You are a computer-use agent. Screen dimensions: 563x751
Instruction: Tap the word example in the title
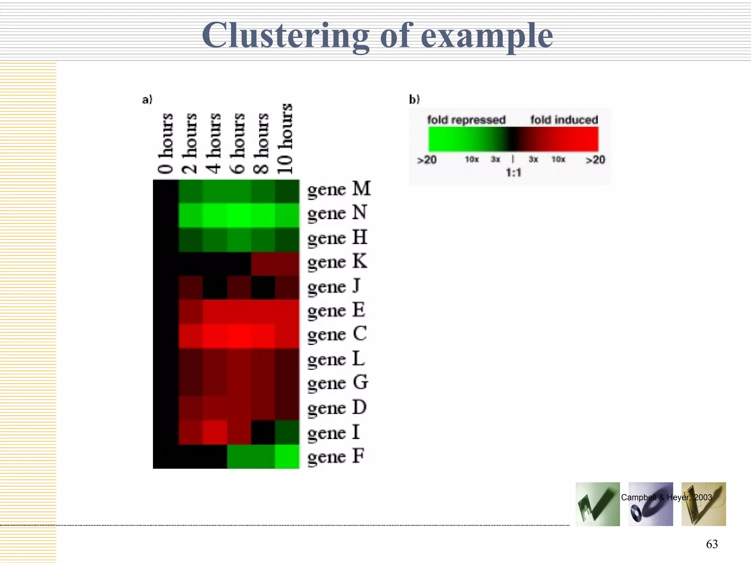coord(487,36)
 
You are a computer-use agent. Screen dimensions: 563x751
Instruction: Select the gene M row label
coord(339,189)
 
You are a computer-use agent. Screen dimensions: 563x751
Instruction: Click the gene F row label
coord(336,457)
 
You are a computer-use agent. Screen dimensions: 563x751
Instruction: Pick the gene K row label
coord(337,262)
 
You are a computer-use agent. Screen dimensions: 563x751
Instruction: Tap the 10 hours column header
coord(285,139)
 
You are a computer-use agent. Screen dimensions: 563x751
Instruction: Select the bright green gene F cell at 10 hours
coord(287,456)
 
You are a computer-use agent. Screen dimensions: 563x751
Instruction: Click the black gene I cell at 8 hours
coord(263,432)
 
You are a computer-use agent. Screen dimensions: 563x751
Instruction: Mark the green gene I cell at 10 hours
coord(287,432)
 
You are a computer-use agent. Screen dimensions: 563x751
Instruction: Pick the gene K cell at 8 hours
coord(263,264)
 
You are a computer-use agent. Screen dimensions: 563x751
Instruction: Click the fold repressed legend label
coord(466,120)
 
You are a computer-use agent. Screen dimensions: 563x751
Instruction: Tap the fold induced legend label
coord(564,120)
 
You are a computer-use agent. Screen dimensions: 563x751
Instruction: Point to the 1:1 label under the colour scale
coord(513,172)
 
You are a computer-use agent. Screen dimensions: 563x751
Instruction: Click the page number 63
coord(712,544)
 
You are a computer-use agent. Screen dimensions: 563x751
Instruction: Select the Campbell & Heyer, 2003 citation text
coord(666,497)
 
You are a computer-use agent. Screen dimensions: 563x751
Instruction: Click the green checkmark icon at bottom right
coord(597,504)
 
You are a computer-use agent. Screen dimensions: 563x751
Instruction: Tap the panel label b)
coord(414,99)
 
